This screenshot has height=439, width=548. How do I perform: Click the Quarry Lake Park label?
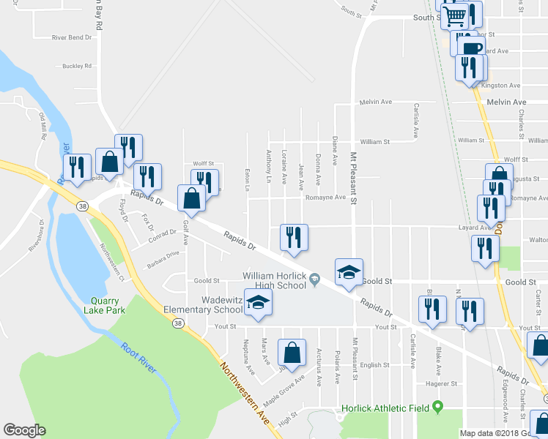[x=108, y=305]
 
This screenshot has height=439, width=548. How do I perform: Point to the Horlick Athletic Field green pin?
[x=438, y=406]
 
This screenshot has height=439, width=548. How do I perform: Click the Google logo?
[x=24, y=430]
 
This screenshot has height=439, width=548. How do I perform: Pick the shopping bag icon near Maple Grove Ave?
[x=292, y=352]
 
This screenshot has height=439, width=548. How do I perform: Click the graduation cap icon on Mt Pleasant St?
[x=349, y=272]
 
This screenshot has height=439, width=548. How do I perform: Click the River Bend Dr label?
[x=72, y=37]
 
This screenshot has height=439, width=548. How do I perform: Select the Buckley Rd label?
[x=77, y=66]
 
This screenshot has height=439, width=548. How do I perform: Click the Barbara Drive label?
[x=163, y=254]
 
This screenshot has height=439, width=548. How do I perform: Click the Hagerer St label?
[x=441, y=383]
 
